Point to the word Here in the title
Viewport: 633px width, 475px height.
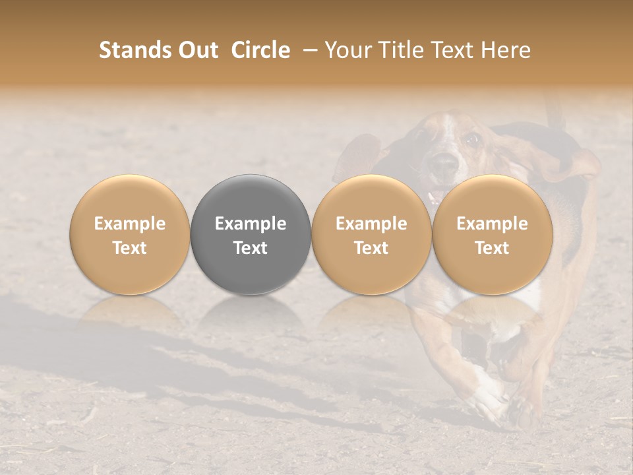[x=506, y=50]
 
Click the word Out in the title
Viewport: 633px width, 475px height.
[x=198, y=50]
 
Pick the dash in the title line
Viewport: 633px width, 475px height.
[x=308, y=51]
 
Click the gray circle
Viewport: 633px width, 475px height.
[x=251, y=234]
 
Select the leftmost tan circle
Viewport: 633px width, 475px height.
[x=130, y=234]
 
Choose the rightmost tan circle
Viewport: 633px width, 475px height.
[x=492, y=234]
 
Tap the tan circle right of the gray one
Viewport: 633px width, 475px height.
[x=371, y=234]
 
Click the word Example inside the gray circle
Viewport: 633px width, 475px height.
[x=251, y=224]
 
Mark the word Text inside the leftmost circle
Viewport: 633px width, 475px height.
[x=130, y=248]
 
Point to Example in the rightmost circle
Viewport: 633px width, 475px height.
[x=492, y=224]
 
